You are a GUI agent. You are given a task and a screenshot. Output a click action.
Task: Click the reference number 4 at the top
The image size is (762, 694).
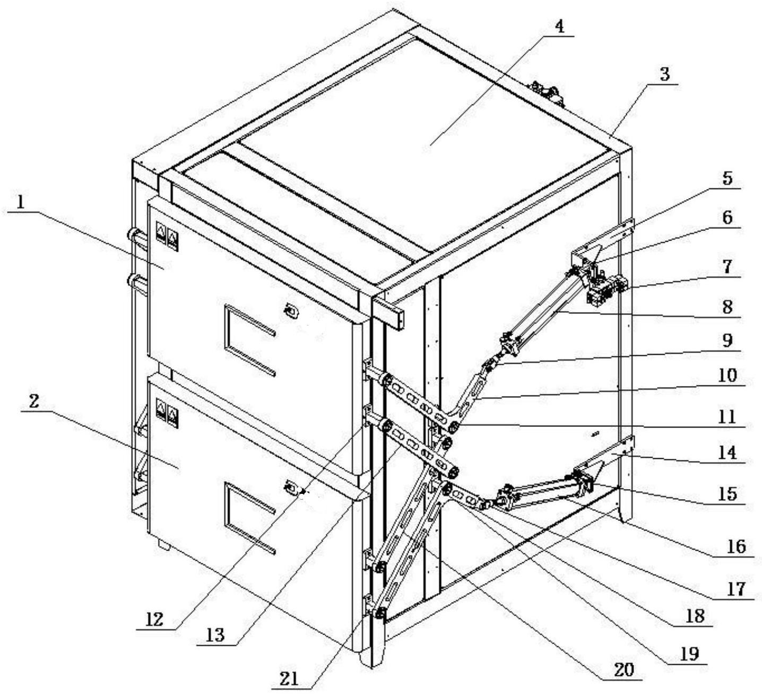pos(559,27)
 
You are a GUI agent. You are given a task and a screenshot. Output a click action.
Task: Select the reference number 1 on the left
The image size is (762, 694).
pos(20,202)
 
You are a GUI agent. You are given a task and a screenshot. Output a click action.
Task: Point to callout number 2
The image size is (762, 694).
pos(34,401)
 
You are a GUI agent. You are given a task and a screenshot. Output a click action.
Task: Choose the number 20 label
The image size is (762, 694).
pos(624,669)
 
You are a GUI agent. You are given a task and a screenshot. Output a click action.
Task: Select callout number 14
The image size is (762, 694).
pos(726,452)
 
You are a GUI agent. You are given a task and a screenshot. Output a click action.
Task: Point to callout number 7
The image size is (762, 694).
pos(726,267)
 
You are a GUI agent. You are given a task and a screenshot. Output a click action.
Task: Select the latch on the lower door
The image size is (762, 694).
pos(292,487)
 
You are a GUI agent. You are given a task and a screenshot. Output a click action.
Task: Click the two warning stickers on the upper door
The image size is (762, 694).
pos(167,236)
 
